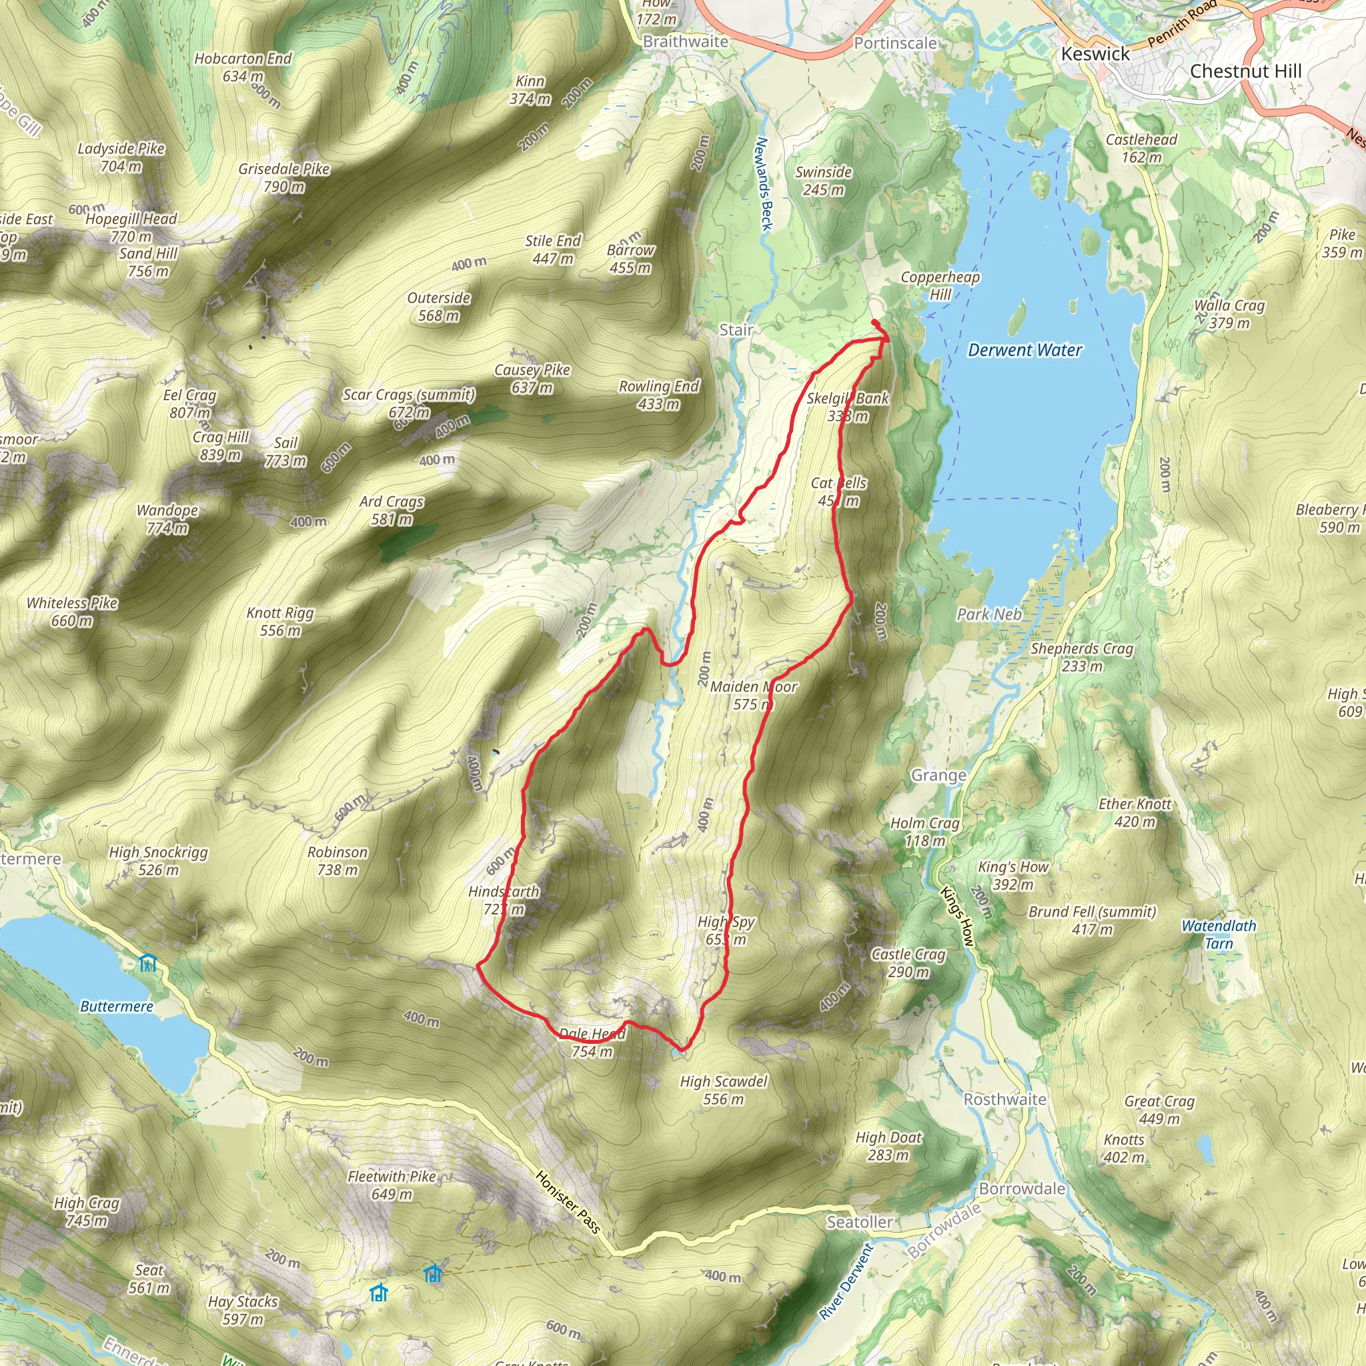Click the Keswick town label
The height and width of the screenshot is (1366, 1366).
click(x=1095, y=54)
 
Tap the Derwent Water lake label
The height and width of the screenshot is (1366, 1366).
click(x=1024, y=350)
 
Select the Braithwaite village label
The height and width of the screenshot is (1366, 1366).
click(x=685, y=42)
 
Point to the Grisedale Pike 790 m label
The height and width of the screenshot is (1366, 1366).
click(x=283, y=177)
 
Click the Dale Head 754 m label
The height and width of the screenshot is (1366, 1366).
click(x=592, y=1043)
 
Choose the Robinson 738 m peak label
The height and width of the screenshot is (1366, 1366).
click(x=337, y=860)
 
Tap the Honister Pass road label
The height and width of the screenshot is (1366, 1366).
click(x=568, y=1201)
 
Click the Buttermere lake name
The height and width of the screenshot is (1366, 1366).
click(x=117, y=1006)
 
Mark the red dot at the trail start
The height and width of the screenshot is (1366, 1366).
click(x=875, y=322)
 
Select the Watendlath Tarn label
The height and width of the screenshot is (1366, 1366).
click(x=1218, y=934)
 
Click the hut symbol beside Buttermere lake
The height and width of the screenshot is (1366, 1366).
click(x=147, y=963)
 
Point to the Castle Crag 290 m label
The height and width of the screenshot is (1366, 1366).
click(x=908, y=963)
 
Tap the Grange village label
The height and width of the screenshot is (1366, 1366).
click(x=938, y=776)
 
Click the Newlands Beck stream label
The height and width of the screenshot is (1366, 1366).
click(x=764, y=184)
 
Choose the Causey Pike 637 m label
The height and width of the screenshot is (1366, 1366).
click(x=532, y=378)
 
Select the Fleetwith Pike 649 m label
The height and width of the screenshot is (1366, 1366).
click(x=392, y=1185)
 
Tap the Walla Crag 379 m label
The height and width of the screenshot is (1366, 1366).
click(x=1229, y=314)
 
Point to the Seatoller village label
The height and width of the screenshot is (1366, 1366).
click(x=860, y=1222)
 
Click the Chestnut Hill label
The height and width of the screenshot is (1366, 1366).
click(x=1245, y=71)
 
